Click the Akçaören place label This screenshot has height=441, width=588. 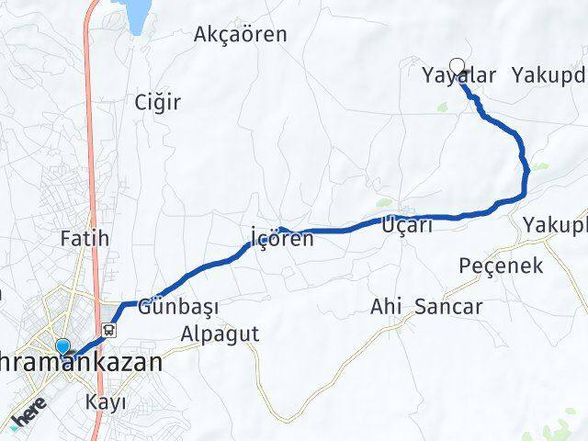[x=241, y=35]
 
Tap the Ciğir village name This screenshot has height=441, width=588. [x=157, y=101]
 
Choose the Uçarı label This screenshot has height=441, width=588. [x=407, y=224]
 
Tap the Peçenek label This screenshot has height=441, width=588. [x=501, y=266]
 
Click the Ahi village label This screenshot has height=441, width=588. [x=386, y=307]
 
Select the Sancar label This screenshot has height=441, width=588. [x=448, y=307]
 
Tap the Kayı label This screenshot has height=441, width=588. [x=105, y=402]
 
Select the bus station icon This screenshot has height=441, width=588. [x=109, y=330]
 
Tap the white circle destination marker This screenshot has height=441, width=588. [x=458, y=65]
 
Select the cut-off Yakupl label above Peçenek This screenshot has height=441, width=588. [x=555, y=224]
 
